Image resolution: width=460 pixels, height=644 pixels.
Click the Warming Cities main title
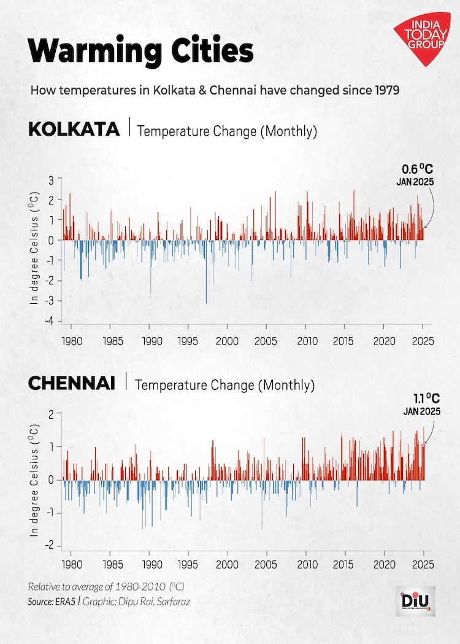(x=141, y=50)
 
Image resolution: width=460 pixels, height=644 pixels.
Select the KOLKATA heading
(x=74, y=130)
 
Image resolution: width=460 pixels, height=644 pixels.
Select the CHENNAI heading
(x=71, y=384)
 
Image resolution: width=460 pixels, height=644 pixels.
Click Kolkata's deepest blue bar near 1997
(x=206, y=301)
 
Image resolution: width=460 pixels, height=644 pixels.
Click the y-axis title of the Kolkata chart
(x=35, y=248)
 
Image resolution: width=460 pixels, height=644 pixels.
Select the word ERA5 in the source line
(x=67, y=602)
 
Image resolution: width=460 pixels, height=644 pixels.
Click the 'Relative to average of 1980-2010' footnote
(x=105, y=586)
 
